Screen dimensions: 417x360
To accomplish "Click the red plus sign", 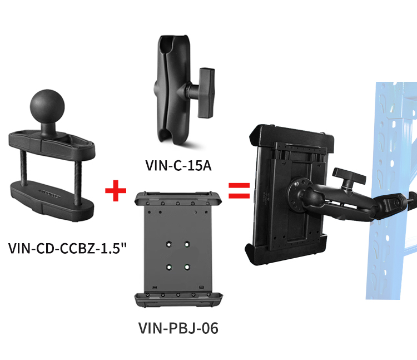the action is (x=116, y=190).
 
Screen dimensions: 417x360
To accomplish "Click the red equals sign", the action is (x=239, y=191).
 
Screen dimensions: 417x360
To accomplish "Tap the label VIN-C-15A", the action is (x=178, y=165).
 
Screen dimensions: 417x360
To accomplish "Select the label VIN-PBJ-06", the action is (x=178, y=328).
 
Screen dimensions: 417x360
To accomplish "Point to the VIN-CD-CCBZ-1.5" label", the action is (x=67, y=248).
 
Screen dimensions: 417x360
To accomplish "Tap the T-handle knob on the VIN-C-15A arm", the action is (x=206, y=92).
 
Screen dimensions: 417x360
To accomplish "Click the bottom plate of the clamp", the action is (x=52, y=200).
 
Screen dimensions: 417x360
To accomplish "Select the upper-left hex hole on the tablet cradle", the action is (x=168, y=244).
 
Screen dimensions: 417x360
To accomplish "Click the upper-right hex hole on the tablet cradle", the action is (x=187, y=244).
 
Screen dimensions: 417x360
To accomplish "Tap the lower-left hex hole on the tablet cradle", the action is (x=168, y=267).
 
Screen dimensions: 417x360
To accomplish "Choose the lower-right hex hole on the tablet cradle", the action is (x=187, y=267).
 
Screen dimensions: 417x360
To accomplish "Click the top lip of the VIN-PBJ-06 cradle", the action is (x=178, y=198).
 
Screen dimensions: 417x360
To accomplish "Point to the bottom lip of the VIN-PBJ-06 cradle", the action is (x=178, y=300).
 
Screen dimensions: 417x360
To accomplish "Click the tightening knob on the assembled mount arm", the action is (x=349, y=177).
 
